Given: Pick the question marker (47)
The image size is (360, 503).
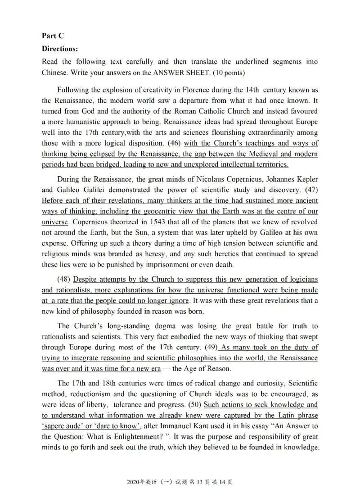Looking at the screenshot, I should pyautogui.click(x=310, y=189).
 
